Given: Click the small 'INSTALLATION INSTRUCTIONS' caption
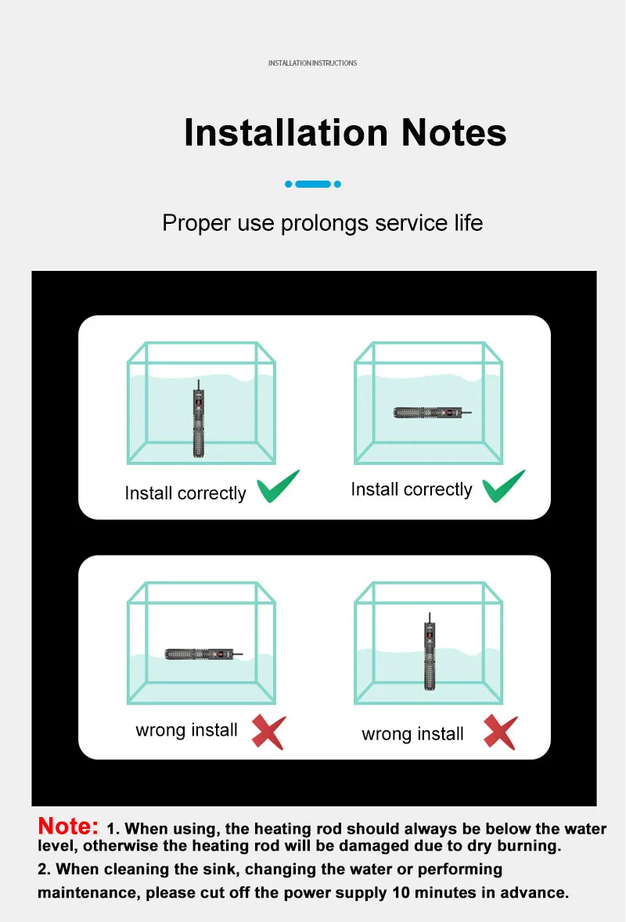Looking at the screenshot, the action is pos(313,63).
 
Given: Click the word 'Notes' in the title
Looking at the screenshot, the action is pos(454,132).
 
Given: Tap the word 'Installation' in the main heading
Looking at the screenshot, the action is pos(286,132).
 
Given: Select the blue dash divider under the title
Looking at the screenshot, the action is pos(313,184).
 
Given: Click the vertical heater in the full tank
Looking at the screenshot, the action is pos(199,418).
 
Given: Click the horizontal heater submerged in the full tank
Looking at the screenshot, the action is pos(432,412).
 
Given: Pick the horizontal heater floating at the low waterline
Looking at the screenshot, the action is pos(203,654).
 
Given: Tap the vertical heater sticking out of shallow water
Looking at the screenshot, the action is pos(430,651).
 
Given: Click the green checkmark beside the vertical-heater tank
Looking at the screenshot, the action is pos(278,486).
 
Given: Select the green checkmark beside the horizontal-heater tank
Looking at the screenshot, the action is pos(503,486).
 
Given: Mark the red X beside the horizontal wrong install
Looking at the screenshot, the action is pos(269,732).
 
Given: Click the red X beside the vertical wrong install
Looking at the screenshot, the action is pos(501,732).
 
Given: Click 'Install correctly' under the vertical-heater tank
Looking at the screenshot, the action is pos(185,493).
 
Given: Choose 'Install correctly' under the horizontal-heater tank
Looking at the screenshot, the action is pos(412,489).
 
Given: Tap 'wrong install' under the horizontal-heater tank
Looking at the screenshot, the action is pos(186,730).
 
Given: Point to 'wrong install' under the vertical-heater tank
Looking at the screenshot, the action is pos(412,734).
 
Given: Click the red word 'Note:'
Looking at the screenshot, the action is pos(68,827).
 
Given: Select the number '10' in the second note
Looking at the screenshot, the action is pos(401,892).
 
